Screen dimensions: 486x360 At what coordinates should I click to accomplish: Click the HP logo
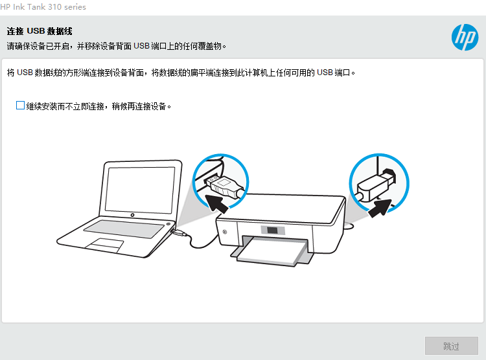coord(465,37)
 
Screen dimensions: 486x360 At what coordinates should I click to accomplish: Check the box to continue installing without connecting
coord(20,106)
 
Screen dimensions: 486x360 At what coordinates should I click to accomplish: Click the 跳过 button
coord(451,346)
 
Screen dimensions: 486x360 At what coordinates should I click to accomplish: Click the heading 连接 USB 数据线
coord(40,31)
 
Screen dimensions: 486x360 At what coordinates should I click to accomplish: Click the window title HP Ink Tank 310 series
coord(43,7)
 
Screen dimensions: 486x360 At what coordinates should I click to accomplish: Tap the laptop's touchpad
coord(104,245)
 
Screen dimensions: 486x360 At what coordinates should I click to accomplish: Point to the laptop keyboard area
coord(124,229)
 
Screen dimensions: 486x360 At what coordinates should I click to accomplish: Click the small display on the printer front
coord(272,231)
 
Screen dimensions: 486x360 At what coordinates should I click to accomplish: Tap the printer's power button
coord(225,232)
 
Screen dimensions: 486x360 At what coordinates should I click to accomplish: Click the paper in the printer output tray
coord(269,251)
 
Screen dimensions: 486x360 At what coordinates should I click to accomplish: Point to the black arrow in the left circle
coord(216,203)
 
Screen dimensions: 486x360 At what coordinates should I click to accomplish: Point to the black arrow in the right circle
coord(380,208)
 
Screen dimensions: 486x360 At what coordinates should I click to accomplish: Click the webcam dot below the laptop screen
coord(132,215)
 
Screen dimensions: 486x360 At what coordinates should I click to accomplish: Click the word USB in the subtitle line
coord(142,46)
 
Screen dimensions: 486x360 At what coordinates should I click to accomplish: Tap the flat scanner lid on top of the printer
coord(281,208)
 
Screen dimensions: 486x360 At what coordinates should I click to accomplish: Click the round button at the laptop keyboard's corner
coord(168,223)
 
